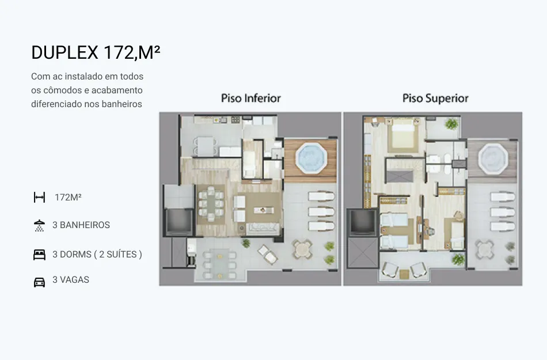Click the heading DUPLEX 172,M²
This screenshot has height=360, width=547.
[x=96, y=52]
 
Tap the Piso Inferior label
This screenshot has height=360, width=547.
[x=251, y=98]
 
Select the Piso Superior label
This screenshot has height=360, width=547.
[x=435, y=98]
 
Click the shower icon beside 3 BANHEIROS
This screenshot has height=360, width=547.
[x=39, y=225]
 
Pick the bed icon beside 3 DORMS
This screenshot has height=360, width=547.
[x=39, y=255]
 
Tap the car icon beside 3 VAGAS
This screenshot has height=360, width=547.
[x=39, y=282]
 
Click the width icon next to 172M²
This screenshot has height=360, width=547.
[x=39, y=198]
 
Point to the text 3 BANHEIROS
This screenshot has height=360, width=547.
[x=81, y=225]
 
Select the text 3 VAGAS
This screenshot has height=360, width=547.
[x=71, y=280]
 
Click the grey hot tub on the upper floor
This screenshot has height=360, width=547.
[x=493, y=159]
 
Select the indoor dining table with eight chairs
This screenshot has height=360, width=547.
[x=211, y=204]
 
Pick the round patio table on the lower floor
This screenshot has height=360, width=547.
[x=302, y=249]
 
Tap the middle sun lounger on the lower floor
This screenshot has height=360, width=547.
[x=322, y=211]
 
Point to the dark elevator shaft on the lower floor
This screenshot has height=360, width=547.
[x=179, y=221]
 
